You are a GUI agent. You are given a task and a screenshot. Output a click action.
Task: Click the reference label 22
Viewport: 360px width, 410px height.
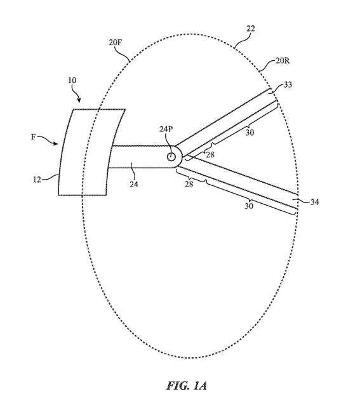point(250,29)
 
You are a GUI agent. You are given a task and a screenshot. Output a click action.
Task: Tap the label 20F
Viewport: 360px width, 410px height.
point(116,43)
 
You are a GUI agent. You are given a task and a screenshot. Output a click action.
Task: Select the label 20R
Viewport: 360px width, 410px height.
point(283,61)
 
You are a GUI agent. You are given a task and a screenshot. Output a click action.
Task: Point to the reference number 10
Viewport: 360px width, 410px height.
point(72,80)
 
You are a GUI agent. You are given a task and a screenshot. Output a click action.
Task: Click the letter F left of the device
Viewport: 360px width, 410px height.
point(33,137)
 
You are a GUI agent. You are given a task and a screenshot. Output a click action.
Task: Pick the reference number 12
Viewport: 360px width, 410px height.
point(37,180)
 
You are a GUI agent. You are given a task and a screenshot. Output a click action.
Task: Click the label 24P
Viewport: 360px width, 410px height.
point(166,129)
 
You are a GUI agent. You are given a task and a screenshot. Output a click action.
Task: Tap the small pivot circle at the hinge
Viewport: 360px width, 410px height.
point(171,157)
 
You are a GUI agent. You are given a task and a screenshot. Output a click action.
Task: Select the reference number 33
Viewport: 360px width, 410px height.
point(288,84)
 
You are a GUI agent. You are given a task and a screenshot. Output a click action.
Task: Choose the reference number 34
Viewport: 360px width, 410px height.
point(314,202)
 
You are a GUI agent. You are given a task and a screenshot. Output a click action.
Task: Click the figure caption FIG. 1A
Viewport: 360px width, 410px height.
point(186,386)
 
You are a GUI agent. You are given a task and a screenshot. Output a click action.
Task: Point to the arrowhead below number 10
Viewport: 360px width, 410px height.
point(79,100)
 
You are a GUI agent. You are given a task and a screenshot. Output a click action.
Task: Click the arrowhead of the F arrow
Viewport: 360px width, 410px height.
point(55,143)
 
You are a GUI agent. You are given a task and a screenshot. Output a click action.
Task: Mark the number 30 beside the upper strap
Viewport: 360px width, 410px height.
point(250,133)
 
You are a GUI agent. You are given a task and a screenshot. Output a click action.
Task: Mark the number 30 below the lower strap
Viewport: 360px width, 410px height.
point(249,206)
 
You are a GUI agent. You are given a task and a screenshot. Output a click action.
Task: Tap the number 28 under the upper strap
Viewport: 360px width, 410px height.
point(210,155)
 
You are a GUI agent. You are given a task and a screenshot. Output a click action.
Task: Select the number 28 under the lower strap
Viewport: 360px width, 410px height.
point(189,184)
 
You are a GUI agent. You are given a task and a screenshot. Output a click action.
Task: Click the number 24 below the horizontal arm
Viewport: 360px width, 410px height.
point(133,184)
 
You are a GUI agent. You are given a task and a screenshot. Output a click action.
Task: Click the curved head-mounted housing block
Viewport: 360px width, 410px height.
point(91,152)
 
